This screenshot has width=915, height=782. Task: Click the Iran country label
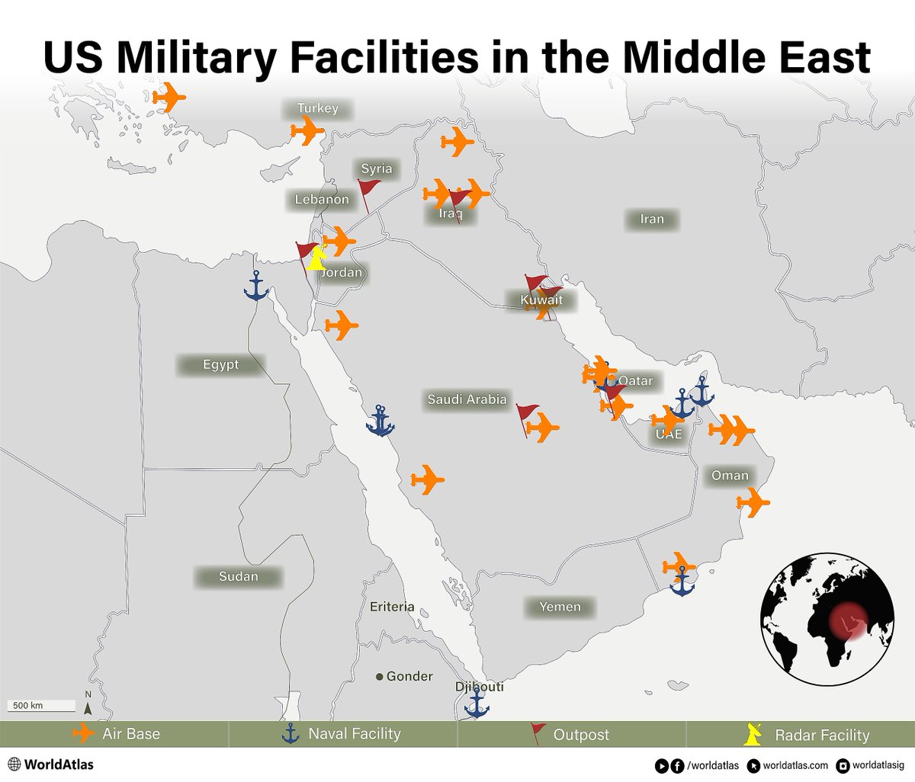652,220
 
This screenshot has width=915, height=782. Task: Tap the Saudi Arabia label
467,399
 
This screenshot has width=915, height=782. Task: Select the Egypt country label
221,365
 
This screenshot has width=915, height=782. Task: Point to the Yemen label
560,607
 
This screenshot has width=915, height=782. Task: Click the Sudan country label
239,577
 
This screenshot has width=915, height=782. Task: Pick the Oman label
730,476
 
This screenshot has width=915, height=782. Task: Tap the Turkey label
317,108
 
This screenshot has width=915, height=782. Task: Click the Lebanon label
322,200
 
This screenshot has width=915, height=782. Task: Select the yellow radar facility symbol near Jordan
316,259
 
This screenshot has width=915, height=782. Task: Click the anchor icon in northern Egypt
256,286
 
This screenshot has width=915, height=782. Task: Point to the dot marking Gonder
380,677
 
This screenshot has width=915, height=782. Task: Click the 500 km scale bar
41,706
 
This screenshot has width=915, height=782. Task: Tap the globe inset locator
827,619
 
